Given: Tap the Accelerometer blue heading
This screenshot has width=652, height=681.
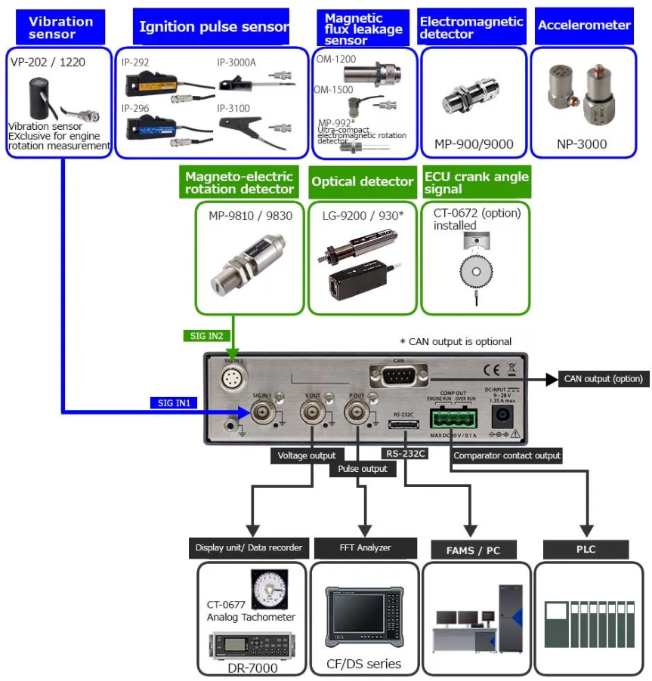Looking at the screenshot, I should [x=584, y=26].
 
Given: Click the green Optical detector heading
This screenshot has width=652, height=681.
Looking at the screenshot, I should [x=363, y=181].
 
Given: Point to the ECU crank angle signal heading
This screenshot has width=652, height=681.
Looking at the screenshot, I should [x=476, y=182].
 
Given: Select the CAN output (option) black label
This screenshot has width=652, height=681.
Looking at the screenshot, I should [x=602, y=379].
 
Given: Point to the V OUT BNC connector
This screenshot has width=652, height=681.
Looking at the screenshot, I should [x=312, y=412].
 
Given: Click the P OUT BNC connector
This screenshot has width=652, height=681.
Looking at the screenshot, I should [x=356, y=412].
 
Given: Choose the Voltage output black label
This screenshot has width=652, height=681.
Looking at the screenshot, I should [x=307, y=456].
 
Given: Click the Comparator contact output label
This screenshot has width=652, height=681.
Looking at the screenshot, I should [x=507, y=455].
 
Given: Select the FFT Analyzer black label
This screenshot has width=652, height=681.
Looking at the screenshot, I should [x=365, y=547].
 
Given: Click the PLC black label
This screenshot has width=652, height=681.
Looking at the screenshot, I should [x=586, y=549].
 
